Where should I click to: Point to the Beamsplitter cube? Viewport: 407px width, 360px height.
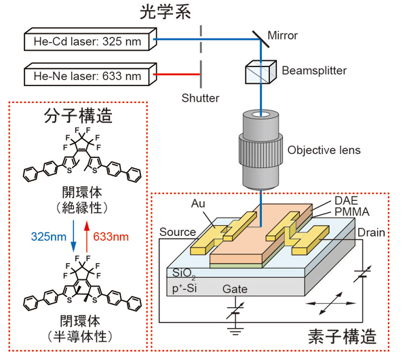tap(258, 71)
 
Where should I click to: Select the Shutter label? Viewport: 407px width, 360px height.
tap(201, 98)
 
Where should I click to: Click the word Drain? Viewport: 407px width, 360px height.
tap(372, 233)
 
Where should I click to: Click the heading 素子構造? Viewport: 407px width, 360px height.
tap(343, 336)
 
